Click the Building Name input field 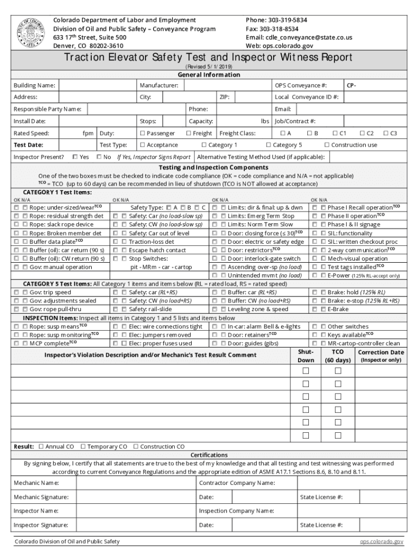[97, 86]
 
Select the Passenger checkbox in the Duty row [142, 134]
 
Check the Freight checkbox [188, 134]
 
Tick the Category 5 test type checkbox [268, 145]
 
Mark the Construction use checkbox [327, 145]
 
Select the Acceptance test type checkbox [142, 145]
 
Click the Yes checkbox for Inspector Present [75, 157]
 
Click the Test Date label [28, 145]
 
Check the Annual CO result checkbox [41, 446]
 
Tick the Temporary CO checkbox [83, 446]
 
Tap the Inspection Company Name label [236, 511]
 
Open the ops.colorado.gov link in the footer [381, 541]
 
